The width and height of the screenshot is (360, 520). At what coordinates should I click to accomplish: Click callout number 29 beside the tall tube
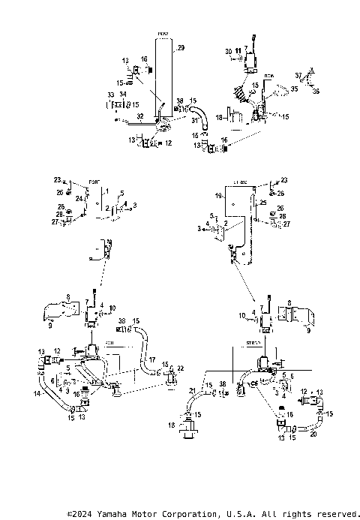(x=180, y=48)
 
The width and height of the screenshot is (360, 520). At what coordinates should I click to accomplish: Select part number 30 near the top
(x=229, y=50)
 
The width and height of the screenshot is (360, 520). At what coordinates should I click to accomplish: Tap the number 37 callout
(x=298, y=75)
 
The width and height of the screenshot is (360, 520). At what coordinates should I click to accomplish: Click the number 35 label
(x=294, y=89)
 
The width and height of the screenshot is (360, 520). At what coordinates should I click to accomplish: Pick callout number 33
(x=110, y=94)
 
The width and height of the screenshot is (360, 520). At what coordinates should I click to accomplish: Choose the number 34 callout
(x=124, y=94)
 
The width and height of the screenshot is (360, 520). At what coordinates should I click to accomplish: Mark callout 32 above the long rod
(x=139, y=116)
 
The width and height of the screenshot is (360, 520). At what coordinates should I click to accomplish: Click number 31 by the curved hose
(x=194, y=120)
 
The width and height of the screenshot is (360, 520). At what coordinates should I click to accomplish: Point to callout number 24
(x=78, y=198)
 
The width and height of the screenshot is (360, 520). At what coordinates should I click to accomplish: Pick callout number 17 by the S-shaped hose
(x=152, y=360)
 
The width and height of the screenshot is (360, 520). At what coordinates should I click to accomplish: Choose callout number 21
(x=192, y=391)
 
